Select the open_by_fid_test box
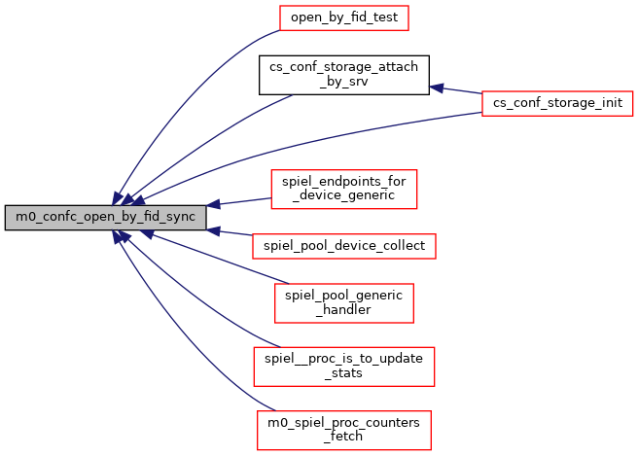pos(343,18)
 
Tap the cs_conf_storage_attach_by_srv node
pos(343,74)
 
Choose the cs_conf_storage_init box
pos(558,102)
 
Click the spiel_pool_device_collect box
pos(343,246)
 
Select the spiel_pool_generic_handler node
pos(343,303)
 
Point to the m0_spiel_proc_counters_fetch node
pos(343,429)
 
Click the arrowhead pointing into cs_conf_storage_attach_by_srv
pos(437,88)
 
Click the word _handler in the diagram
pos(343,310)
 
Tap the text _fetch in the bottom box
pos(343,436)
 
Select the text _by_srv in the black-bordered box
pos(343,81)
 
